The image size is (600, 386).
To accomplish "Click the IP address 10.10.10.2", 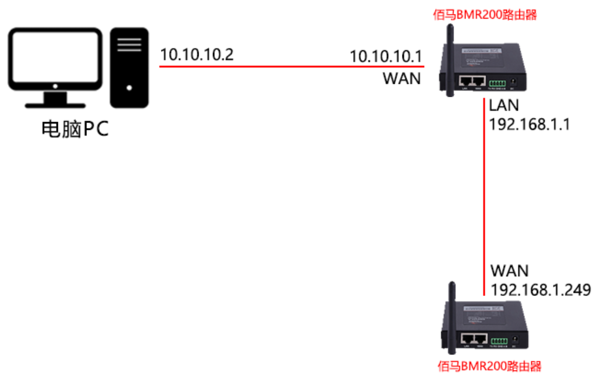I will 197,54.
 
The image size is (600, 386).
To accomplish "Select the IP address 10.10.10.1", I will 386,56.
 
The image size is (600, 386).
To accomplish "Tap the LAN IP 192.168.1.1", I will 529,124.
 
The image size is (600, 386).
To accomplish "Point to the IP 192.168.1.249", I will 541,290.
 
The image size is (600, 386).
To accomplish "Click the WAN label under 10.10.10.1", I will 401,79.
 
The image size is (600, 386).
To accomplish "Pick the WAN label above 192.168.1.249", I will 509,271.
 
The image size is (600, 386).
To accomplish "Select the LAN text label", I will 504,106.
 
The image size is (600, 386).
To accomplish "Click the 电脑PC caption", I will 76,130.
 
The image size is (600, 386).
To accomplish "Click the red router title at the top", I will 485,14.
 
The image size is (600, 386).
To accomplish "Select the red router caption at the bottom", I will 489,367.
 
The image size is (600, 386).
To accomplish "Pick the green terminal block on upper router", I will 498,83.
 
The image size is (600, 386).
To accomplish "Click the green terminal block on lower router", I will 500,341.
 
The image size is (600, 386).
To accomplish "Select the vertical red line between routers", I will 484,197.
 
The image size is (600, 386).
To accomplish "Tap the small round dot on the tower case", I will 129,87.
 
